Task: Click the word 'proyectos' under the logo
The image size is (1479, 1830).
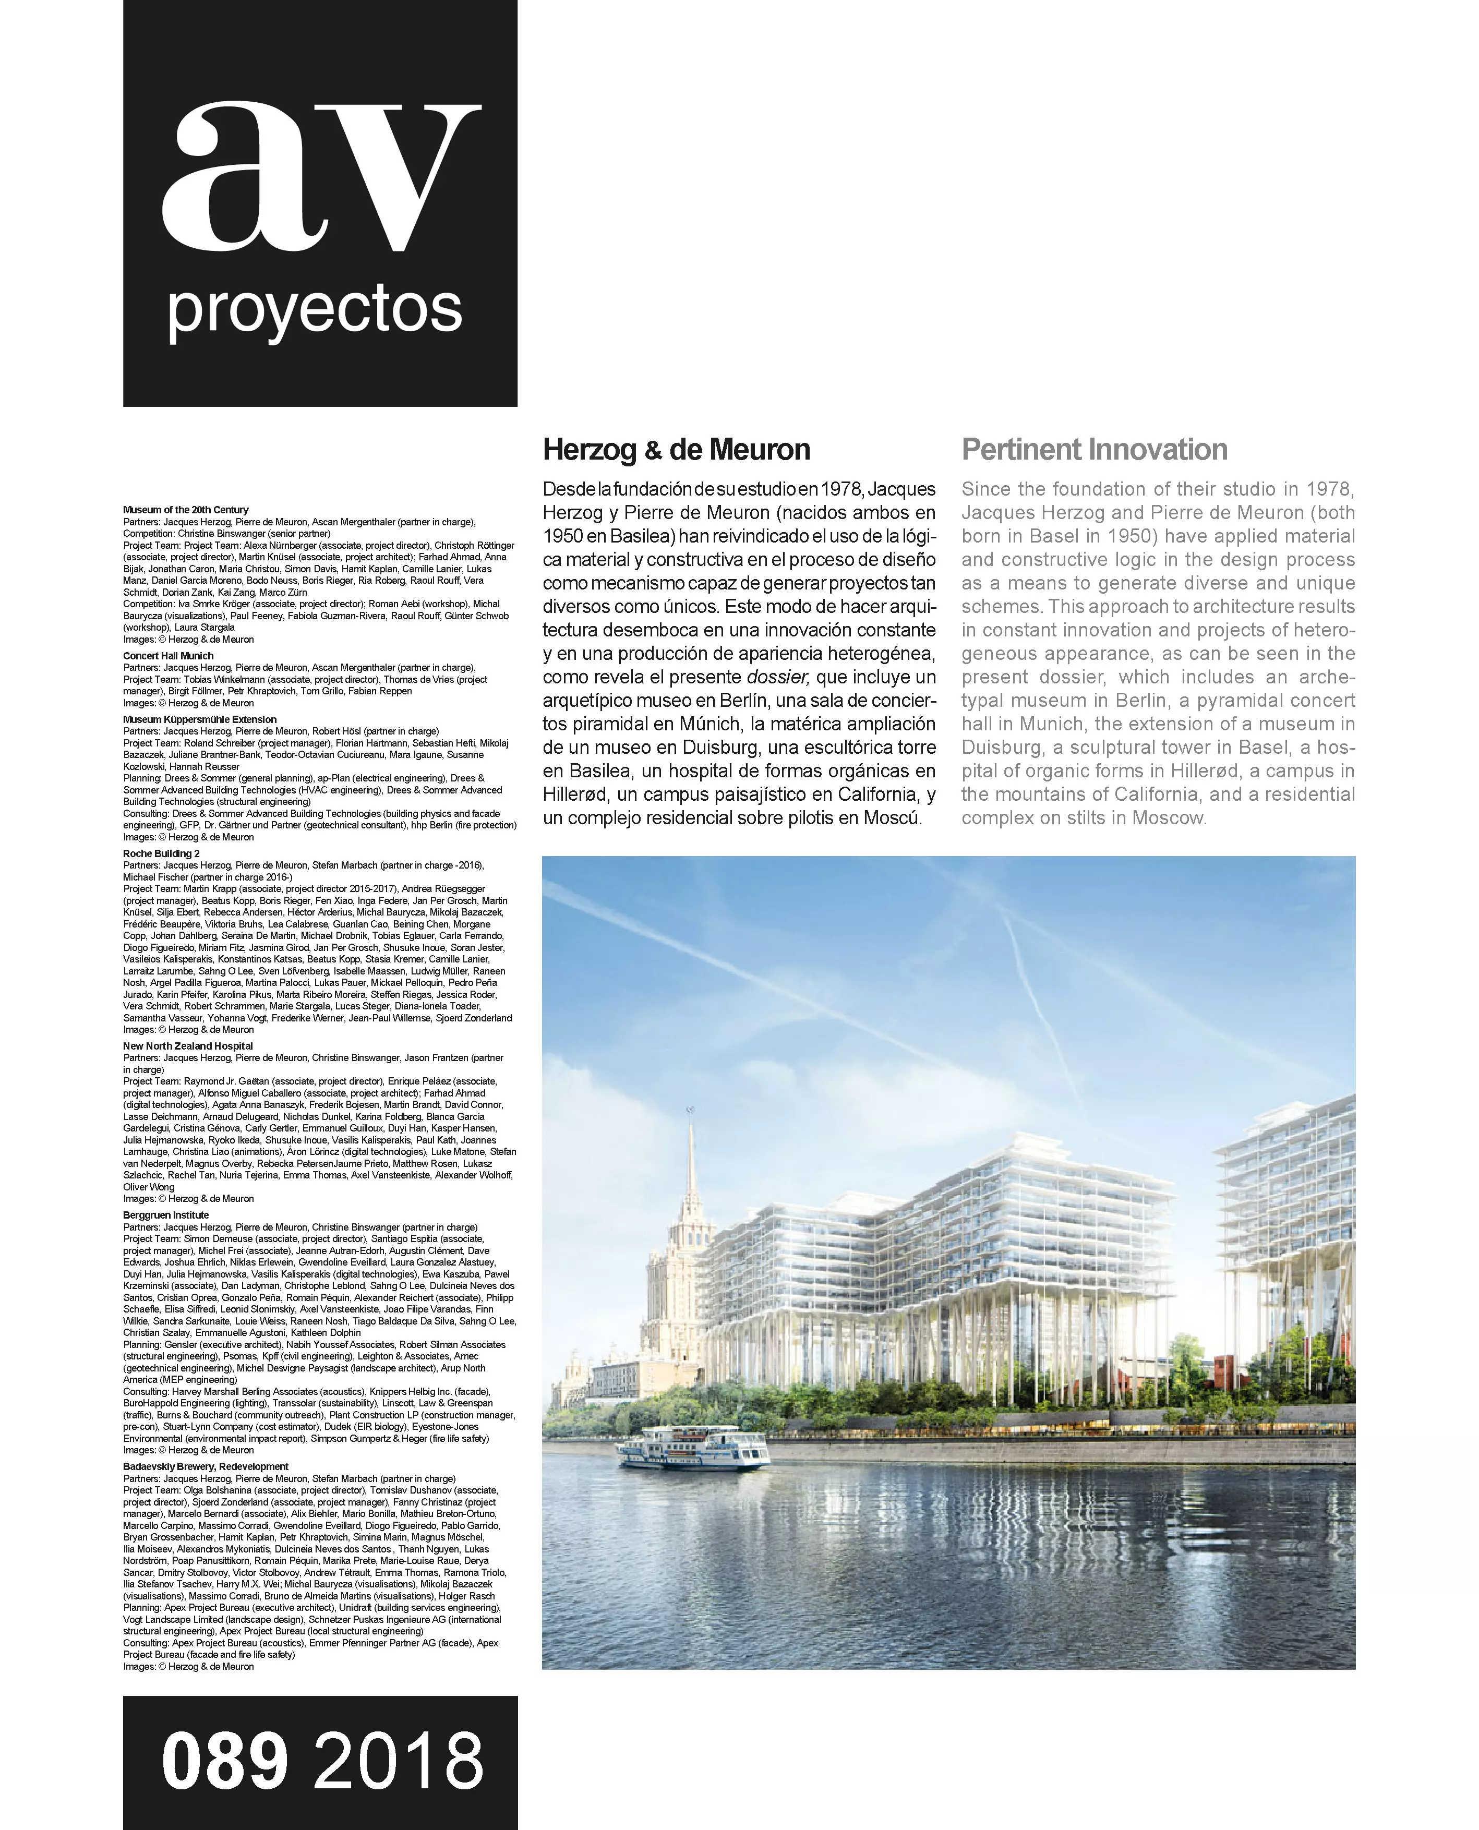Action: [315, 311]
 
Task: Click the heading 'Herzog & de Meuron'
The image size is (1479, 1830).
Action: [677, 450]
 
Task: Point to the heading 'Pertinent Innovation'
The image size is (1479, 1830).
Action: [1094, 450]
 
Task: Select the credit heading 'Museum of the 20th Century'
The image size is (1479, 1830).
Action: [186, 510]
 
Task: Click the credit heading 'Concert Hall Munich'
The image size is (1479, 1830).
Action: [168, 656]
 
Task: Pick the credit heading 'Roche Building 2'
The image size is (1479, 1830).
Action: [161, 853]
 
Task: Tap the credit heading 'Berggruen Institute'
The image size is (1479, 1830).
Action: [165, 1215]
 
